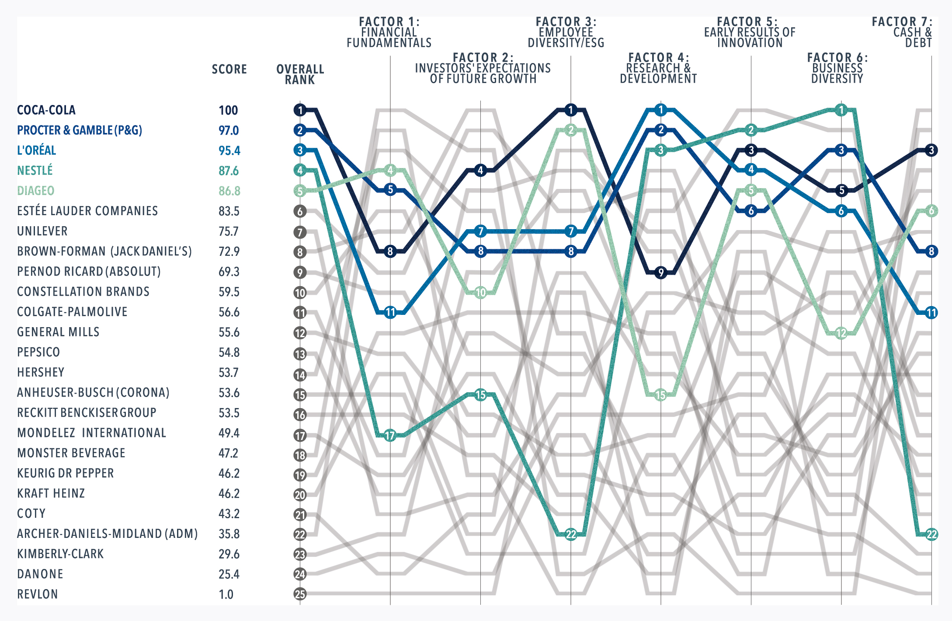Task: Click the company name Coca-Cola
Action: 46,110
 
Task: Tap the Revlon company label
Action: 37,594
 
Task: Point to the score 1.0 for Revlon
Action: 226,594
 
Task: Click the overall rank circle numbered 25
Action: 300,594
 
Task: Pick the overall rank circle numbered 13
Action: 300,354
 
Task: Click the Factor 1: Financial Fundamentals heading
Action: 389,32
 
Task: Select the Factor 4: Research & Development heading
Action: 658,68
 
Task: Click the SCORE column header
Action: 229,70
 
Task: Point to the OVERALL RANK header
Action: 300,74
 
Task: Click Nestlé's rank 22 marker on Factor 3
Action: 571,534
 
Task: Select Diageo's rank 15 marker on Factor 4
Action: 660,395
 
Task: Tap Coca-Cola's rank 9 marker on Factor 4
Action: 660,272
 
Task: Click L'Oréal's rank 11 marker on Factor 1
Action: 390,313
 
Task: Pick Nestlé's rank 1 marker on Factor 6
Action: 841,110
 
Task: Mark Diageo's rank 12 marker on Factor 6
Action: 841,333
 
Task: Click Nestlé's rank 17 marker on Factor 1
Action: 390,436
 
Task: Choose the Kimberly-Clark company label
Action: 60,554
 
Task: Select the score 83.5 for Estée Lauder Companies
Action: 229,211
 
